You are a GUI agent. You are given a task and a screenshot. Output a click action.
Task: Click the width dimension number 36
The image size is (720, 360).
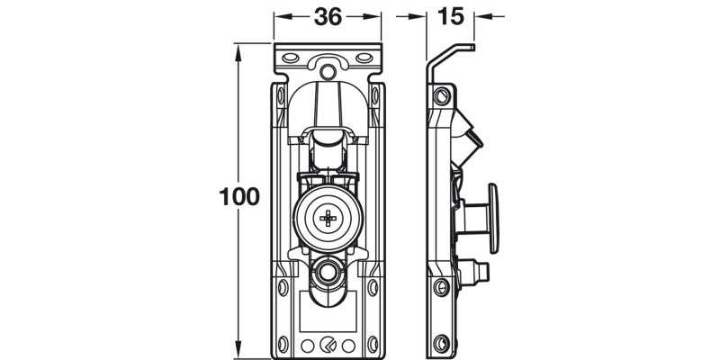coord(328,16)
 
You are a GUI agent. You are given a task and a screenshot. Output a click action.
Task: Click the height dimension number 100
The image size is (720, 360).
coord(239,197)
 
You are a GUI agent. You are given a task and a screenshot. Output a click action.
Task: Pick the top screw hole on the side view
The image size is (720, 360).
coord(440,96)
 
